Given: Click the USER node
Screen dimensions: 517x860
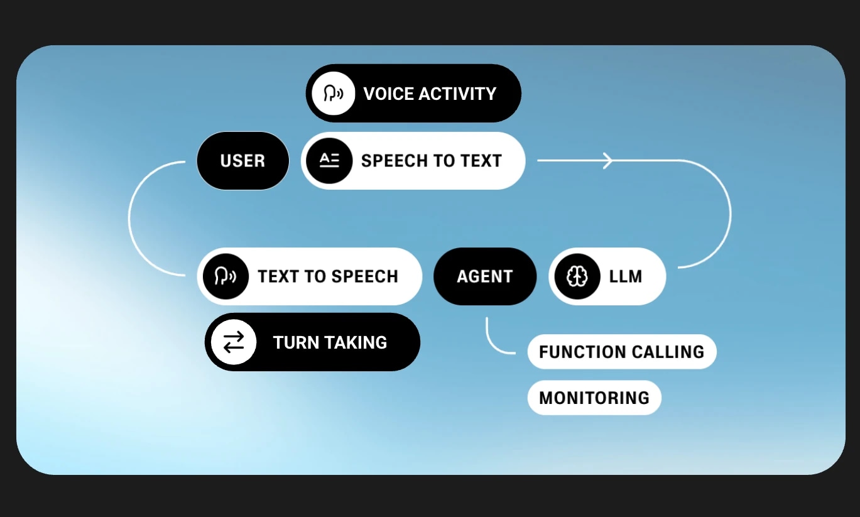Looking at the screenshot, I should point(242,161).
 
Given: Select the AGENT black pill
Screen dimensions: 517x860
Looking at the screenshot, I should point(484,276).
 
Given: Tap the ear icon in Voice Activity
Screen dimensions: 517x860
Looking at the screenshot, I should point(333,94).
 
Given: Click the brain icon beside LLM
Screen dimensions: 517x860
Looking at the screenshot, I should point(577,276).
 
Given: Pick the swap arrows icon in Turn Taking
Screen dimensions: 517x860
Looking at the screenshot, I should point(233,342).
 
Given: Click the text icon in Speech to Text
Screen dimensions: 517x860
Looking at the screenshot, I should point(329,161).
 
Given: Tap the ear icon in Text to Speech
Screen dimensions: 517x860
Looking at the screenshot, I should point(226,276).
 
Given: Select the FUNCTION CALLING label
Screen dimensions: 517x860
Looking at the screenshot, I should point(621,352).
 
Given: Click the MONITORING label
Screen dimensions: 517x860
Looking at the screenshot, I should point(594,398).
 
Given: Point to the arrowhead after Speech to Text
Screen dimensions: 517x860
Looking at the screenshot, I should point(608,161).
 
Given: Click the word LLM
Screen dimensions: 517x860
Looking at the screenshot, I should point(625,276).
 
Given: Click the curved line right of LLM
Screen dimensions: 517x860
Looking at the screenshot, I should point(730,214).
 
